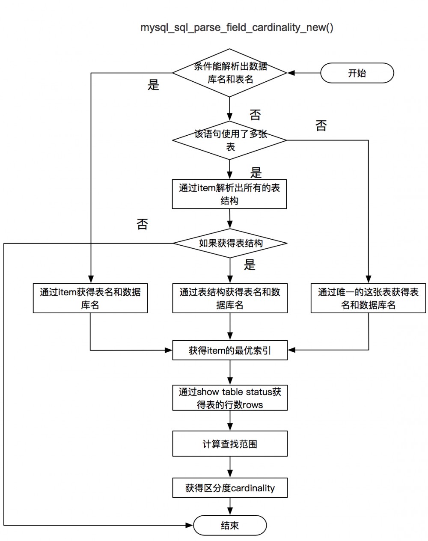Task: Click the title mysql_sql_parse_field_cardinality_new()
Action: [237, 28]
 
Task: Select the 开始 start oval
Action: [357, 73]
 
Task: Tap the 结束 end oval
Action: [230, 525]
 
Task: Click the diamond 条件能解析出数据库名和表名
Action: [230, 73]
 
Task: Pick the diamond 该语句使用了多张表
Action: [230, 140]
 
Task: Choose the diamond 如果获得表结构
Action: [230, 243]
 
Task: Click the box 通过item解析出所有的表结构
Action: [229, 194]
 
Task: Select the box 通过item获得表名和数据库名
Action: [90, 298]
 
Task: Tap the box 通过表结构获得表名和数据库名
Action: [230, 298]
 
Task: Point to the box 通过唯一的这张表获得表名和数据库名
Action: [368, 298]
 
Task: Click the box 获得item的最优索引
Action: [230, 351]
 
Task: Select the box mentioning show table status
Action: [230, 398]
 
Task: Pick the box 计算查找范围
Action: [230, 444]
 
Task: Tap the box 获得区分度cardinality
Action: [230, 488]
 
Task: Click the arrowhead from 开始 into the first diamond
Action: [291, 73]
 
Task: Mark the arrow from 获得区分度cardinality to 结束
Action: [230, 507]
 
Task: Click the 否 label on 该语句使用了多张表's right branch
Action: [321, 126]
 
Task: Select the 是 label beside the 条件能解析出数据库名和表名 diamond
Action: [153, 85]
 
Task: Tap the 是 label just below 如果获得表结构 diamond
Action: [250, 265]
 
